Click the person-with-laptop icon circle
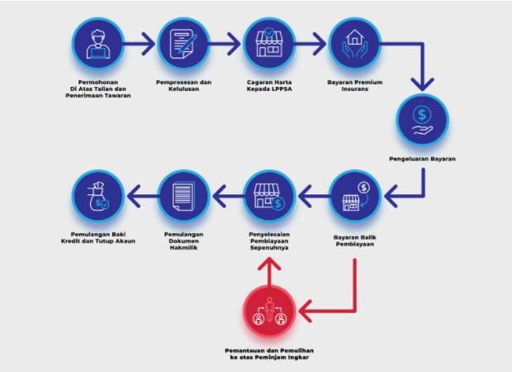pyautogui.click(x=98, y=44)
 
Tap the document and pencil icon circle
pyautogui.click(x=183, y=44)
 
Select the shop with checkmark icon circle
pyautogui.click(x=269, y=44)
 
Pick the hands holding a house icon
pyautogui.click(x=354, y=44)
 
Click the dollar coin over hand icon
pyautogui.click(x=422, y=121)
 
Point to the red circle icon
pyautogui.click(x=269, y=311)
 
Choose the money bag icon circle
pyautogui.click(x=98, y=196)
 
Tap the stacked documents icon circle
pyautogui.click(x=183, y=196)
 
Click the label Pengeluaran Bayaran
pyautogui.click(x=422, y=159)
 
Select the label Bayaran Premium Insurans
pyautogui.click(x=355, y=85)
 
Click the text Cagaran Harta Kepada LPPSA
pyautogui.click(x=269, y=85)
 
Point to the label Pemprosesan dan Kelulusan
pyautogui.click(x=184, y=85)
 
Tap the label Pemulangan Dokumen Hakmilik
pyautogui.click(x=184, y=241)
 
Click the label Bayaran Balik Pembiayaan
pyautogui.click(x=355, y=241)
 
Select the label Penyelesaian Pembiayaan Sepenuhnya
pyautogui.click(x=269, y=241)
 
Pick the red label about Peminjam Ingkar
pyautogui.click(x=269, y=354)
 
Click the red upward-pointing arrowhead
pyautogui.click(x=269, y=264)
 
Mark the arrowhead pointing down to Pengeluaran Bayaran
pyautogui.click(x=422, y=84)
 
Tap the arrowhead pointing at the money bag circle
pyautogui.click(x=134, y=196)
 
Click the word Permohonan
pyautogui.click(x=98, y=82)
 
